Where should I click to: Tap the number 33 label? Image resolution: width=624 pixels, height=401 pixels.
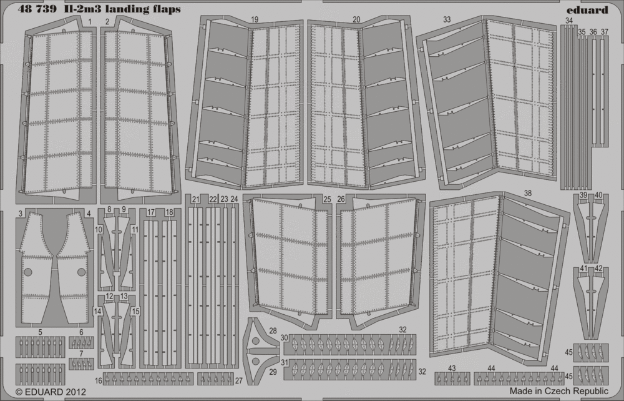(447, 20)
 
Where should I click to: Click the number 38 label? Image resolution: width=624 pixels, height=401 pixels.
(528, 194)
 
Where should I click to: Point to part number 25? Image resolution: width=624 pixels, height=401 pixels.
(327, 199)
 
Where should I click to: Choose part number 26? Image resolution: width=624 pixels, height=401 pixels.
(341, 199)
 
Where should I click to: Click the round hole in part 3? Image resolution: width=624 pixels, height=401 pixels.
(27, 272)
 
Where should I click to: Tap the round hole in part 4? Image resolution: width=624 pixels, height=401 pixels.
(81, 272)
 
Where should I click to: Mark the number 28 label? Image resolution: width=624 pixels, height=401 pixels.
(273, 331)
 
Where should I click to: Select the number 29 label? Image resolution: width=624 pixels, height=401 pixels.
(273, 371)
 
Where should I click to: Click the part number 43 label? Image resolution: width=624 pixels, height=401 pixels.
(452, 369)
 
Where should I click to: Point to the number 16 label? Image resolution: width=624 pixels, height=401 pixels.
(99, 380)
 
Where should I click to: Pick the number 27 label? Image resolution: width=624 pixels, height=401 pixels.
(238, 380)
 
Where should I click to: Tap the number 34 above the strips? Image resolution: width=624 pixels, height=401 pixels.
(568, 21)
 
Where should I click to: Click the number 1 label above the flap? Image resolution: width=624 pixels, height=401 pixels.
(91, 21)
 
